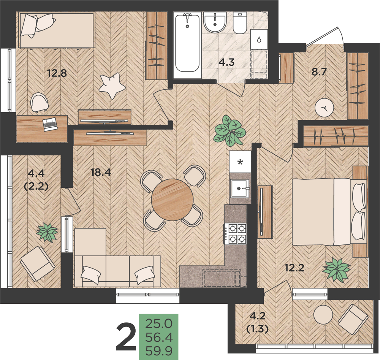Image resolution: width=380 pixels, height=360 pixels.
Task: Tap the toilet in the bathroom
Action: pos(240,23)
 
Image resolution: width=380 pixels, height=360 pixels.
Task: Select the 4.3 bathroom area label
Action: pos(226,62)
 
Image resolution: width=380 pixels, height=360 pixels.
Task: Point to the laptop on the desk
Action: pos(50,124)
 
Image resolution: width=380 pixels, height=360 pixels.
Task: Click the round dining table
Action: pos(172,200)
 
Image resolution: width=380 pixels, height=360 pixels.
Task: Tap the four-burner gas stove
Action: pos(235,233)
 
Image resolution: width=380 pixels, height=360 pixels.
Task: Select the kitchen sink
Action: pos(240,188)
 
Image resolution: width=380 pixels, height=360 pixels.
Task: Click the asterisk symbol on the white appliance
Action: pos(240,162)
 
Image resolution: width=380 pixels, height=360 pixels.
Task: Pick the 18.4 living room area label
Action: pos(101,172)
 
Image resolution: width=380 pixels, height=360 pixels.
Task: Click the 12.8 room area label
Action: pos(57,73)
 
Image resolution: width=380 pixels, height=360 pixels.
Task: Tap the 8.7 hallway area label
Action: pos(320,72)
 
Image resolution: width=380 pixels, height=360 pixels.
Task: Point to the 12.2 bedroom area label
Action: pos(294,268)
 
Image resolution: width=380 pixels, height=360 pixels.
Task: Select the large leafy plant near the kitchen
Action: pos(229,131)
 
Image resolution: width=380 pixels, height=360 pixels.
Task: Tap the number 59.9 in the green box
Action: pos(159,351)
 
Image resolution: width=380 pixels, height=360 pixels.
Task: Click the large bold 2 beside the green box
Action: pos(126,338)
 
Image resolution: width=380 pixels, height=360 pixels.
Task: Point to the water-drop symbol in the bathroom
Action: pos(259,39)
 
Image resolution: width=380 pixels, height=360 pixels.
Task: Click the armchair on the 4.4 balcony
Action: pos(38,263)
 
